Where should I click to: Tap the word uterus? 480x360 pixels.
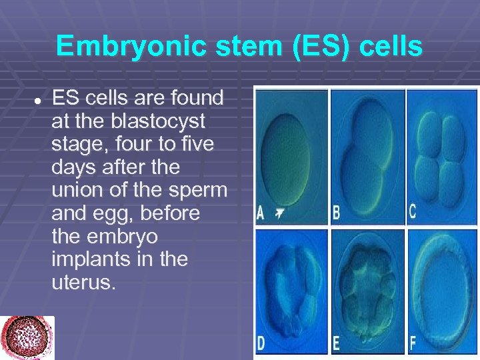point(83,281)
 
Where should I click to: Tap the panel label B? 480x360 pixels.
point(337,213)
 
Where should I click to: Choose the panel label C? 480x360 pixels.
point(413,212)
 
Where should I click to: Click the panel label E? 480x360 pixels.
point(337,344)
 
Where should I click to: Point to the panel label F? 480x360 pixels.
point(413,344)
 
